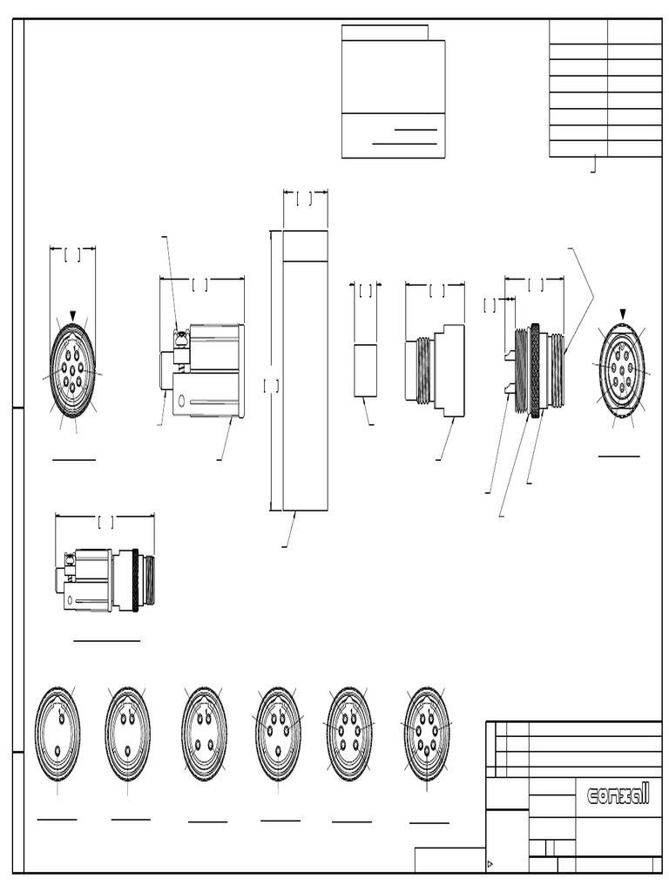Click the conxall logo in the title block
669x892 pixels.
tap(618, 794)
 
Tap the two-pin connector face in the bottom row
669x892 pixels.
tap(57, 733)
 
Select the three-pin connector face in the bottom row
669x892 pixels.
tap(128, 733)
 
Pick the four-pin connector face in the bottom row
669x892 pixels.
tap(204, 733)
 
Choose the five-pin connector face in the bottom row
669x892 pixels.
tap(279, 733)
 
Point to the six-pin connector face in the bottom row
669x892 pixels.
tap(350, 733)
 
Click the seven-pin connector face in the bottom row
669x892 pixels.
tap(428, 733)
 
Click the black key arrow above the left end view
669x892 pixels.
tap(73, 315)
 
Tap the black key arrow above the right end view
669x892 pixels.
tap(622, 314)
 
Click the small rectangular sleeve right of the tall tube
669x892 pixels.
tap(366, 370)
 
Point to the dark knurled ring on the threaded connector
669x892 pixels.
tap(534, 370)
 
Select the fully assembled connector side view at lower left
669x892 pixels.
tap(105, 579)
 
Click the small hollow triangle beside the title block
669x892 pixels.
tap(490, 865)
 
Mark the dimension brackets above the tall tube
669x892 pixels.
tap(305, 199)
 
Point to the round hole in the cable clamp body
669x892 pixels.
tap(181, 402)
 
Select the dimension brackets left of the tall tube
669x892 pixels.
tap(271, 384)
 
